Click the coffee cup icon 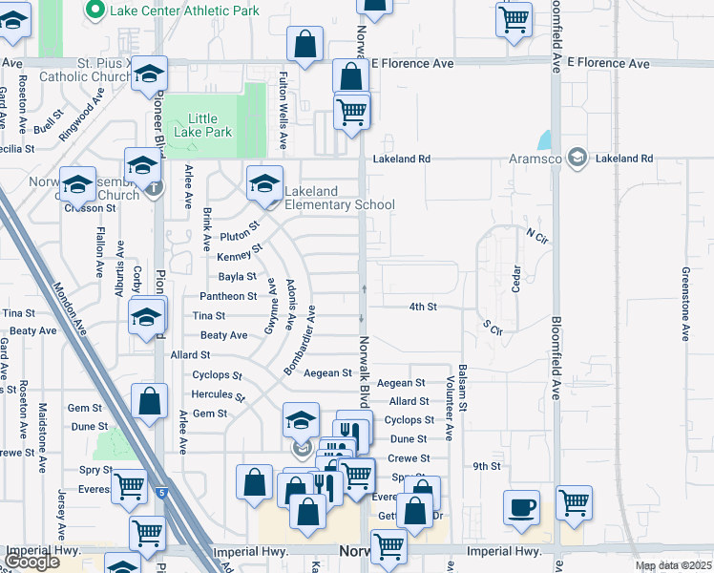pyautogui.click(x=522, y=507)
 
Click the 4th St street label pyautogui.click(x=423, y=307)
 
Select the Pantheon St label pyautogui.click(x=226, y=296)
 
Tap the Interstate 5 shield pyautogui.click(x=163, y=493)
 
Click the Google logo pyautogui.click(x=32, y=562)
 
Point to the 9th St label pyautogui.click(x=487, y=466)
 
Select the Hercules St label pyautogui.click(x=220, y=393)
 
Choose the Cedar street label pyautogui.click(x=516, y=278)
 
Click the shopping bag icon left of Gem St pyautogui.click(x=150, y=403)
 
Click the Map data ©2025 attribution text pyautogui.click(x=673, y=565)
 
